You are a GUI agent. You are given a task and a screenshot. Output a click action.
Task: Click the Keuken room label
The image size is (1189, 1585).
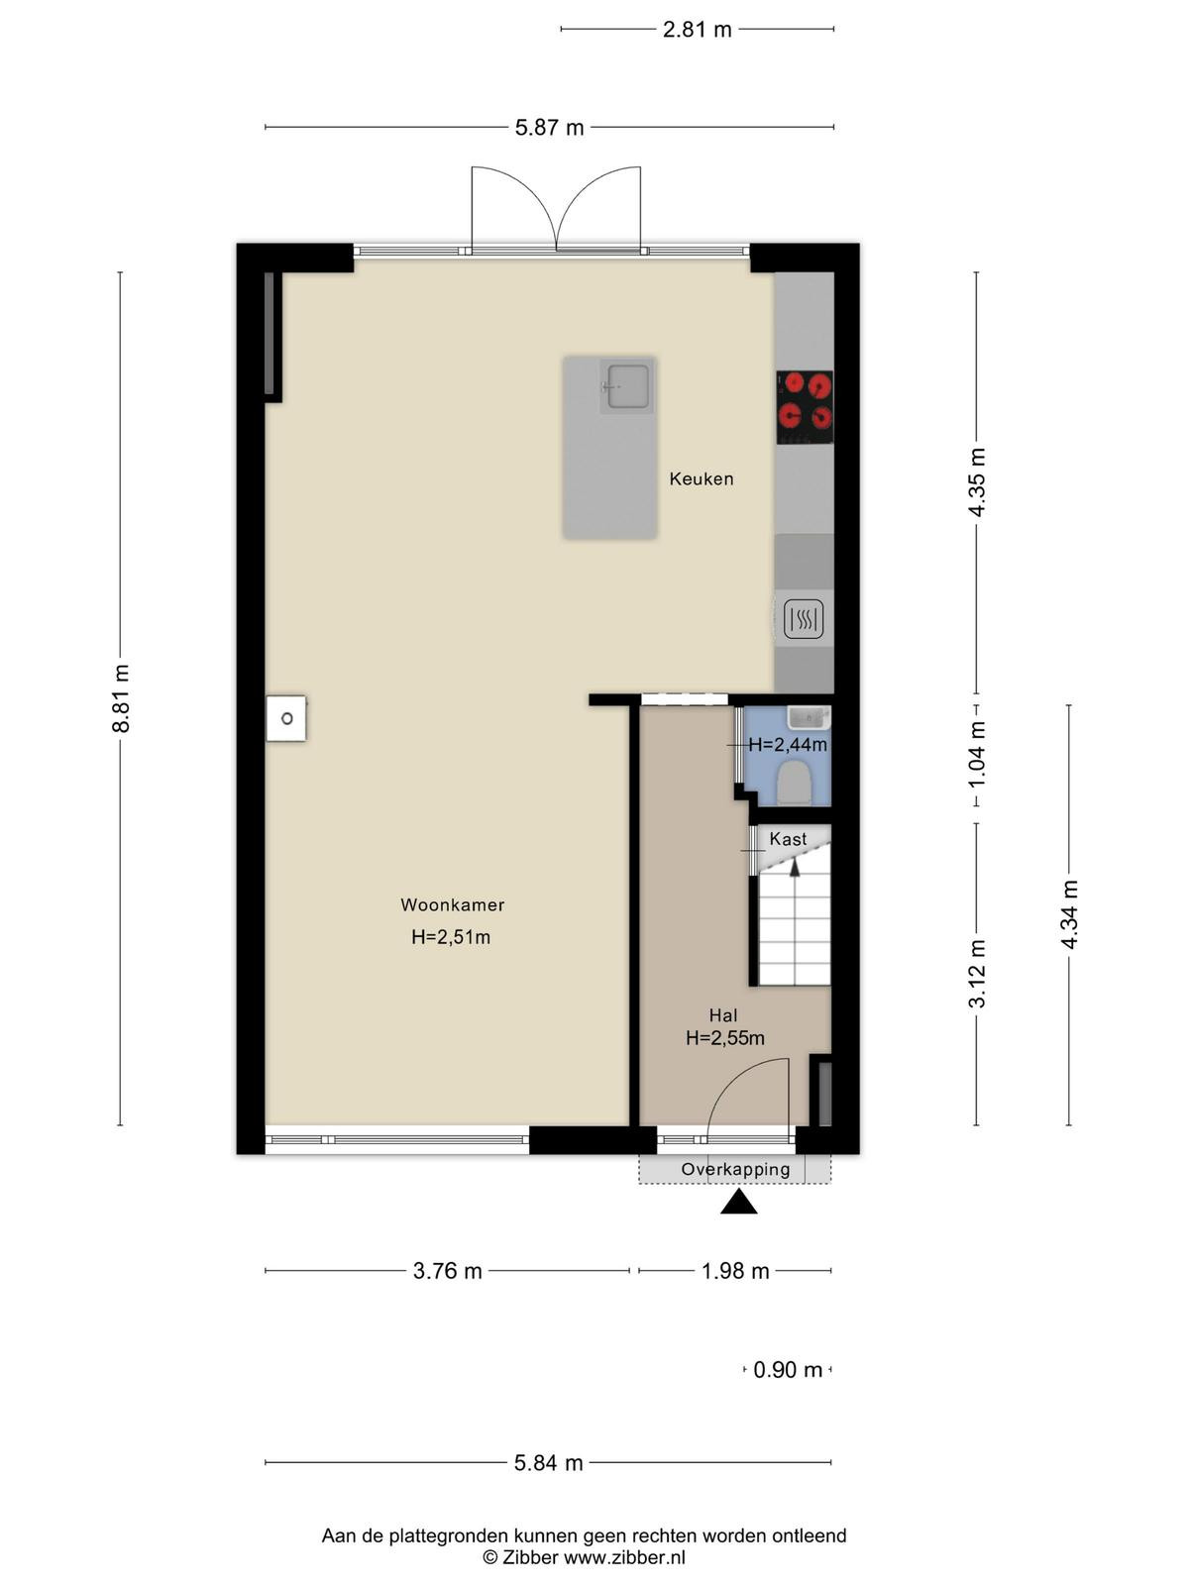pyautogui.click(x=701, y=478)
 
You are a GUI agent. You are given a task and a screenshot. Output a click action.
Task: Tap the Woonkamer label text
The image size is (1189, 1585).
pyautogui.click(x=452, y=904)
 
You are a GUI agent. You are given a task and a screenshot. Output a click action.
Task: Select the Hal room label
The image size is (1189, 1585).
pyautogui.click(x=722, y=1015)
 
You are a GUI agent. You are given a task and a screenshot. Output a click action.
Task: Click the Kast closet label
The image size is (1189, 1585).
pyautogui.click(x=788, y=839)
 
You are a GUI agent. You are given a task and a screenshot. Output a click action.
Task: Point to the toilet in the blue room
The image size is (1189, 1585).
pyautogui.click(x=794, y=783)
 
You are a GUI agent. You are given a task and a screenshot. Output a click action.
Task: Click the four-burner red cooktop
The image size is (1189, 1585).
pyautogui.click(x=805, y=407)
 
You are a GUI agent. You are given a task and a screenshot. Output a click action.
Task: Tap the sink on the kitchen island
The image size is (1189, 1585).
pyautogui.click(x=626, y=387)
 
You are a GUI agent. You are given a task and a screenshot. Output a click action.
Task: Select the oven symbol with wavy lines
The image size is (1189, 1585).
pyautogui.click(x=804, y=619)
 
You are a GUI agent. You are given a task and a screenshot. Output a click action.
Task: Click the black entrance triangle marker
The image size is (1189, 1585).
pyautogui.click(x=738, y=1202)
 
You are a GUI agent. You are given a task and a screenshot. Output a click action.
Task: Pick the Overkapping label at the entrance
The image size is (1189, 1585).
pyautogui.click(x=735, y=1169)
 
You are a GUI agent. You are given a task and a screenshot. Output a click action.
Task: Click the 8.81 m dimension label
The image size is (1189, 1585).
pyautogui.click(x=121, y=699)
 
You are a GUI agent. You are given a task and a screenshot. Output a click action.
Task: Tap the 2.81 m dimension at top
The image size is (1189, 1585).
pyautogui.click(x=697, y=30)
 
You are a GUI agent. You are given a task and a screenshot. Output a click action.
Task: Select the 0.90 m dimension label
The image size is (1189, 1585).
pyautogui.click(x=788, y=1369)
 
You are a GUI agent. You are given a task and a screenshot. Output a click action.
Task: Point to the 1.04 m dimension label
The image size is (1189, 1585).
pyautogui.click(x=977, y=755)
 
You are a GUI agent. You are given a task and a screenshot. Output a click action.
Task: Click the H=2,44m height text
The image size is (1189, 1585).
pyautogui.click(x=788, y=745)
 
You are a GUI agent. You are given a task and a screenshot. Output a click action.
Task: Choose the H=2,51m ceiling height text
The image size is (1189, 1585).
pyautogui.click(x=451, y=937)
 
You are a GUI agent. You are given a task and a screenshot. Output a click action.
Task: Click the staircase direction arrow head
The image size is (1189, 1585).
pyautogui.click(x=795, y=868)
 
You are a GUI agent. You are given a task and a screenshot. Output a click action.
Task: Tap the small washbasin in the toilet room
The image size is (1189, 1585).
pyautogui.click(x=809, y=718)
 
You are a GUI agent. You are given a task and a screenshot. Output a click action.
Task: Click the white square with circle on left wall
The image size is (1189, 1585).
pyautogui.click(x=286, y=718)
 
